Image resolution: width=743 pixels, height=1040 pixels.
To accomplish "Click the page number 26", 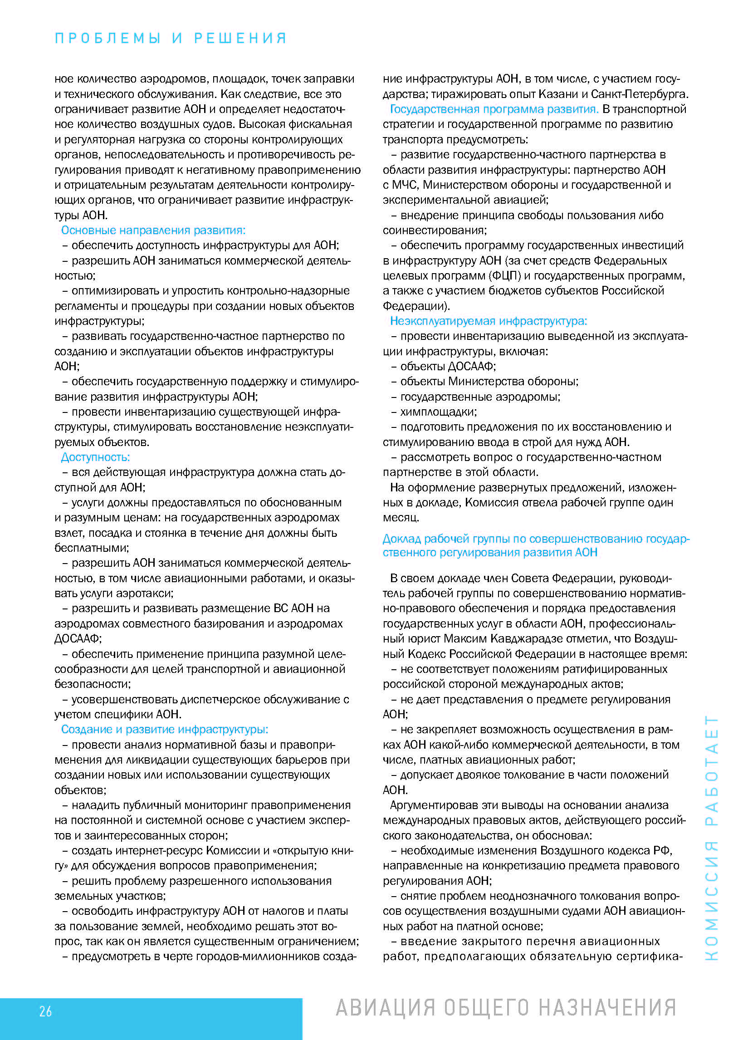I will [x=45, y=1011].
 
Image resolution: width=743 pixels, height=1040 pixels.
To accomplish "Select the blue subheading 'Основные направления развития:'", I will [x=153, y=230].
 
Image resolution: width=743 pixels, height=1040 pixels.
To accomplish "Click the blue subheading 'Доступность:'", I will [x=96, y=457].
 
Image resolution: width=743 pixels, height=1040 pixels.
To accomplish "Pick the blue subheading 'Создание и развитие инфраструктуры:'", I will [x=165, y=729].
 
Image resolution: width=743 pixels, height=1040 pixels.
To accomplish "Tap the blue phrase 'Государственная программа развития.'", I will [x=494, y=109].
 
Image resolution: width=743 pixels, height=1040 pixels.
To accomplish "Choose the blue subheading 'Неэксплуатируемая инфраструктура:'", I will [x=488, y=321].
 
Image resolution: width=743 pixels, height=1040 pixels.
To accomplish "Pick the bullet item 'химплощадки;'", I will [x=438, y=412].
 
